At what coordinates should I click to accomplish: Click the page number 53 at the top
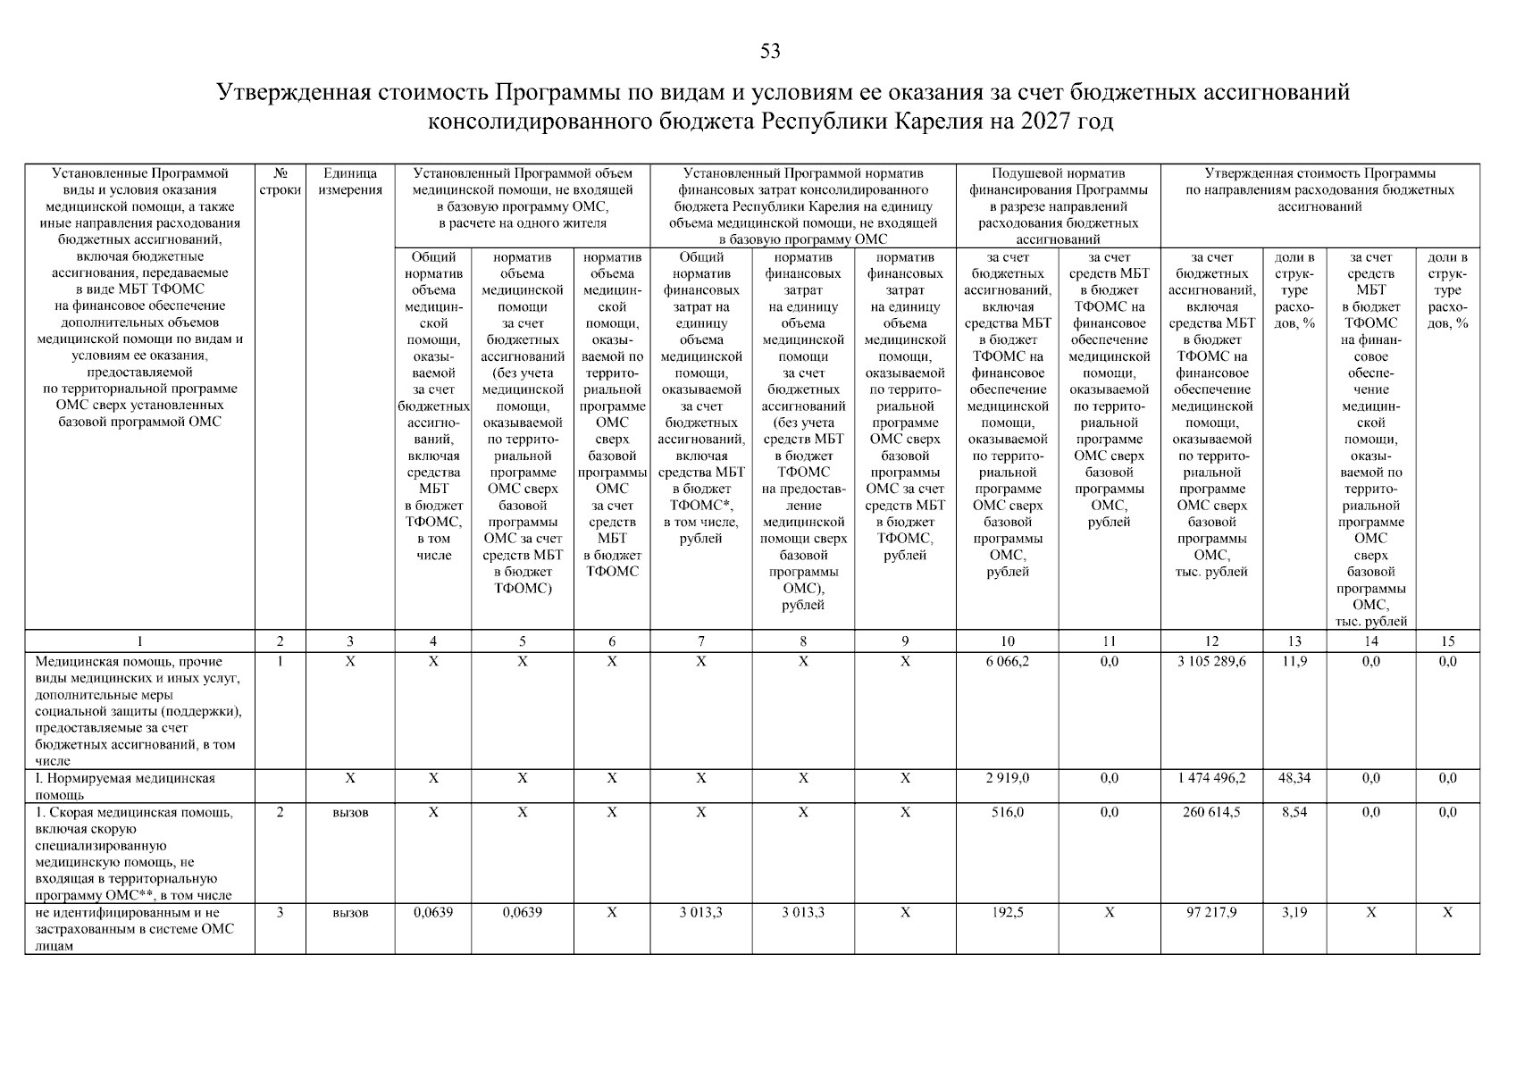point(770,52)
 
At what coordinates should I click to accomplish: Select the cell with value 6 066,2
point(1007,662)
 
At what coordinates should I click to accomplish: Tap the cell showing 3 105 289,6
point(1211,662)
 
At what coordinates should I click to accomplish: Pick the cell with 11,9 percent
point(1294,662)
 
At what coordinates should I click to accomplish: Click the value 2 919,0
point(1007,778)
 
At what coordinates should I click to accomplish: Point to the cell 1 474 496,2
point(1211,778)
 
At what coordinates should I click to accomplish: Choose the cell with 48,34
point(1294,778)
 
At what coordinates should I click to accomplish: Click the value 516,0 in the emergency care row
point(1007,812)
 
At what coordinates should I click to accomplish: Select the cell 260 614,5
point(1211,812)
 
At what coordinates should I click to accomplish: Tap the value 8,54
point(1294,812)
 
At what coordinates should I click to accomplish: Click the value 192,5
point(1007,913)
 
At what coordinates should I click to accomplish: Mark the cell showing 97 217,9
point(1211,913)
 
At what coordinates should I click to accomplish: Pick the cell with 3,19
point(1294,913)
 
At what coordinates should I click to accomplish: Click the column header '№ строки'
point(280,181)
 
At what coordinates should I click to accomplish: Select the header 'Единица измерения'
point(349,181)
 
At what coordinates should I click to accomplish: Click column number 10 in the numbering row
point(1007,641)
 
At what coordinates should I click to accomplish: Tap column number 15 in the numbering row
point(1447,641)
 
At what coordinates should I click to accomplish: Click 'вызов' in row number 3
point(349,913)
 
